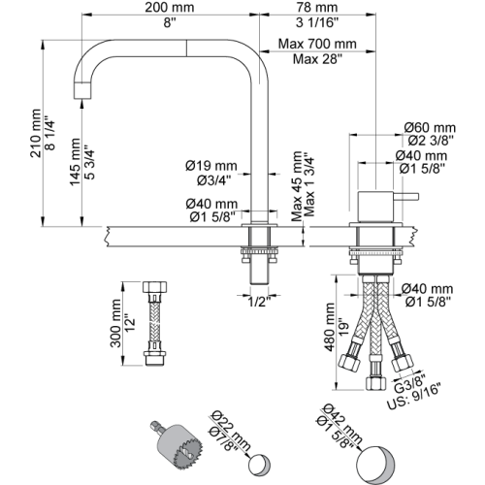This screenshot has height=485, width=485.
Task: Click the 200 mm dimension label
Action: pyautogui.click(x=170, y=8)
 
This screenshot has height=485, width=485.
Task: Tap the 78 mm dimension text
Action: pyautogui.click(x=317, y=8)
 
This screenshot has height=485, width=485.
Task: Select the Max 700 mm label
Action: pyautogui.click(x=317, y=44)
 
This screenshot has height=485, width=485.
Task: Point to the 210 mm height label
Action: pyautogui.click(x=36, y=134)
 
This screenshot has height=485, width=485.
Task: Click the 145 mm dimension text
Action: pyautogui.click(x=75, y=162)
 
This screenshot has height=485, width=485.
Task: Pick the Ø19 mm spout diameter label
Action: pyautogui.click(x=211, y=166)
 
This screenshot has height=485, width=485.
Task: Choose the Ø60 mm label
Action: pyautogui.click(x=430, y=127)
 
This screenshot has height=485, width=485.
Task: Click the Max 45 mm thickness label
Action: pyautogui.click(x=297, y=186)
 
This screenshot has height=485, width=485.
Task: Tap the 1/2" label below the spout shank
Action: pyautogui.click(x=259, y=302)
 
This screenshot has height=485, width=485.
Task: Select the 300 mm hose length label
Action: pyautogui.click(x=115, y=323)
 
